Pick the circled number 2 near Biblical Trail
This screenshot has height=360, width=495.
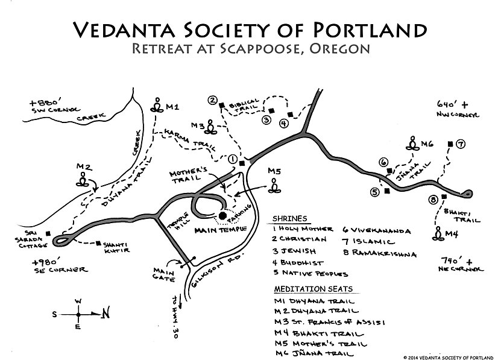[212, 100]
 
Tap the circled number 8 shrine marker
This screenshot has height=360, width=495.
[433, 200]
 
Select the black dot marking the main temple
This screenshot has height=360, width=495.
[222, 215]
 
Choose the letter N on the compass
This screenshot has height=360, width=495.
[106, 313]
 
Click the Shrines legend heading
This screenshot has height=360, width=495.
[289, 218]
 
